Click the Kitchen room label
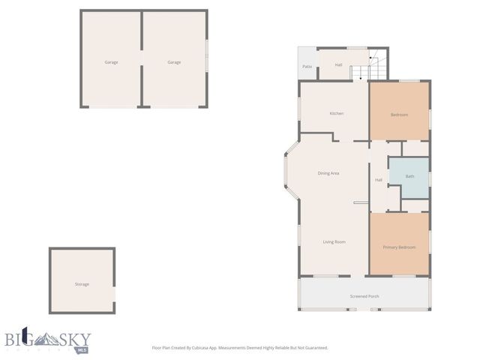(337, 113)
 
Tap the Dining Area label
(328, 173)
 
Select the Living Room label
(334, 241)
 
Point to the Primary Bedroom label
(399, 247)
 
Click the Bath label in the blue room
(409, 176)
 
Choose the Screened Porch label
(364, 296)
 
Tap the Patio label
(307, 67)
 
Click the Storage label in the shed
(82, 284)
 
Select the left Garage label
(111, 62)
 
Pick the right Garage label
(174, 62)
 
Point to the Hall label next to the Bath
(379, 179)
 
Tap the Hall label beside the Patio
(338, 65)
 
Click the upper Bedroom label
(399, 115)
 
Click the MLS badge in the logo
(82, 349)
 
